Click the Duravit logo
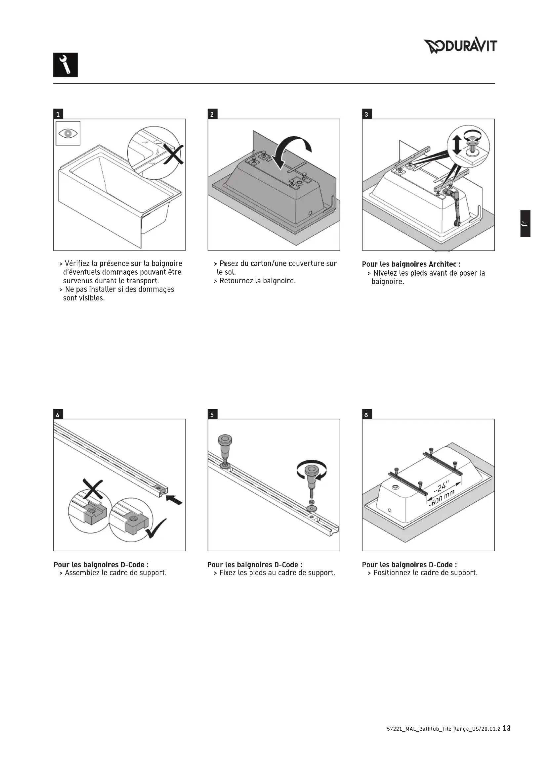(x=460, y=46)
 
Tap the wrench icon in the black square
(x=65, y=65)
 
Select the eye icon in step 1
(x=68, y=133)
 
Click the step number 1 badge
(x=58, y=114)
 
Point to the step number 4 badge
(x=58, y=415)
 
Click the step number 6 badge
(x=366, y=415)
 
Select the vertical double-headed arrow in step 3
(x=456, y=145)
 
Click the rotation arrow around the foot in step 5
(x=312, y=470)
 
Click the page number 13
(x=506, y=728)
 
